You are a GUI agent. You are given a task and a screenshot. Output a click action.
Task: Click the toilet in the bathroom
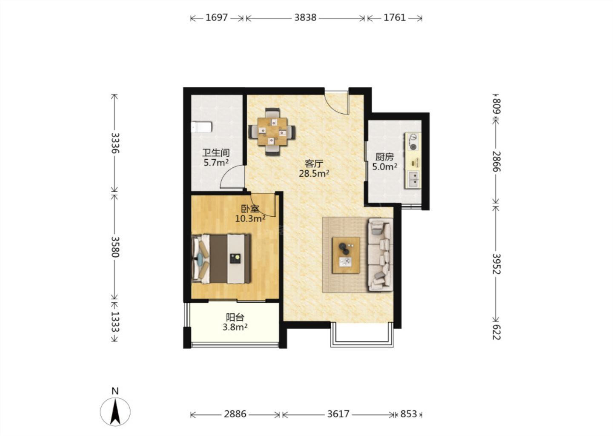[x=201, y=127]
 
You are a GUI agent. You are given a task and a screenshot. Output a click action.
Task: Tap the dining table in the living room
[x=272, y=132]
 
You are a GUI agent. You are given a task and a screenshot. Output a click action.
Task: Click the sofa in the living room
[x=381, y=254]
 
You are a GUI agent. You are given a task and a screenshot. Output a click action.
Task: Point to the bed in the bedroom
[x=221, y=258]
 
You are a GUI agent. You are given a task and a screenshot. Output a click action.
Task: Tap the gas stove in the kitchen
[x=413, y=142]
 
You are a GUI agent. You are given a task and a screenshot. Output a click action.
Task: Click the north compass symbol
[x=115, y=411]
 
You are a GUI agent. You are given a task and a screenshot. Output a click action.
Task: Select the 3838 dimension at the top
[x=305, y=18]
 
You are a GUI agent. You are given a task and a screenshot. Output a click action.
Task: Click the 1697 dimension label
[x=216, y=18]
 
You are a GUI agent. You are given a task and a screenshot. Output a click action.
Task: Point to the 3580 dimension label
[x=115, y=247]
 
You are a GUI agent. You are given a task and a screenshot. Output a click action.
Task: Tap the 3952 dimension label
[x=496, y=264]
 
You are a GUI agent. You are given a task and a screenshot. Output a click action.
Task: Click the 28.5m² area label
[x=314, y=173]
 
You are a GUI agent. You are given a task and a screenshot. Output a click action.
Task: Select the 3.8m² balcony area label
[x=235, y=327]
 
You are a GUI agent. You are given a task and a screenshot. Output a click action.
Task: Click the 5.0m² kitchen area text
[x=385, y=166]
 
